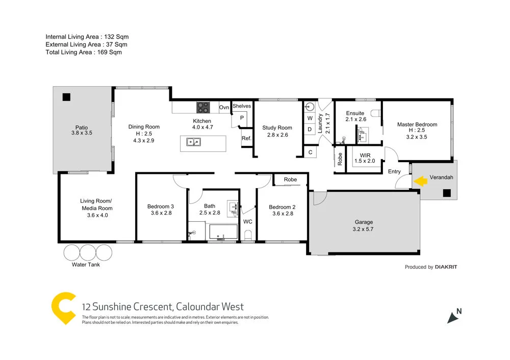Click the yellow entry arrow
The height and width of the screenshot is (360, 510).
pyautogui.click(x=420, y=181)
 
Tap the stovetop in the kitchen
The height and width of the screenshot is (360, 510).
pyautogui.click(x=203, y=108)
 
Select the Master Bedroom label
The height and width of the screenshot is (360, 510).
pyautogui.click(x=417, y=124)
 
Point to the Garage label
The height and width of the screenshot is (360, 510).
pyautogui.click(x=364, y=222)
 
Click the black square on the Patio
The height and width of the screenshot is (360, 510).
pyautogui.click(x=66, y=97)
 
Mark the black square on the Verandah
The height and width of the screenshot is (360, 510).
pyautogui.click(x=447, y=193)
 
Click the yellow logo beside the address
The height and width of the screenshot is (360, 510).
pyautogui.click(x=64, y=307)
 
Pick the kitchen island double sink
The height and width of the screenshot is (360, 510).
pyautogui.click(x=193, y=142)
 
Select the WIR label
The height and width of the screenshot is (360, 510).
pyautogui.click(x=365, y=155)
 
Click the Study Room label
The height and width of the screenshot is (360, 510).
pyautogui.click(x=277, y=128)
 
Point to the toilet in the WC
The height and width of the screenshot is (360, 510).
pyautogui.click(x=248, y=235)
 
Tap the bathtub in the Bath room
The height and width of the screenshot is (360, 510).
pyautogui.click(x=222, y=232)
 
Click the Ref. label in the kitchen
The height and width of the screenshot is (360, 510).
pyautogui.click(x=246, y=138)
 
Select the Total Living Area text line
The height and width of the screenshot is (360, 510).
pyautogui.click(x=84, y=52)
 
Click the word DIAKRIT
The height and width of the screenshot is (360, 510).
pyautogui.click(x=446, y=267)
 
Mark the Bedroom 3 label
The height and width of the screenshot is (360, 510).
pyautogui.click(x=161, y=207)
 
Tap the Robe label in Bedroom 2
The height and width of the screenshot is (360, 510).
pyautogui.click(x=290, y=179)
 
